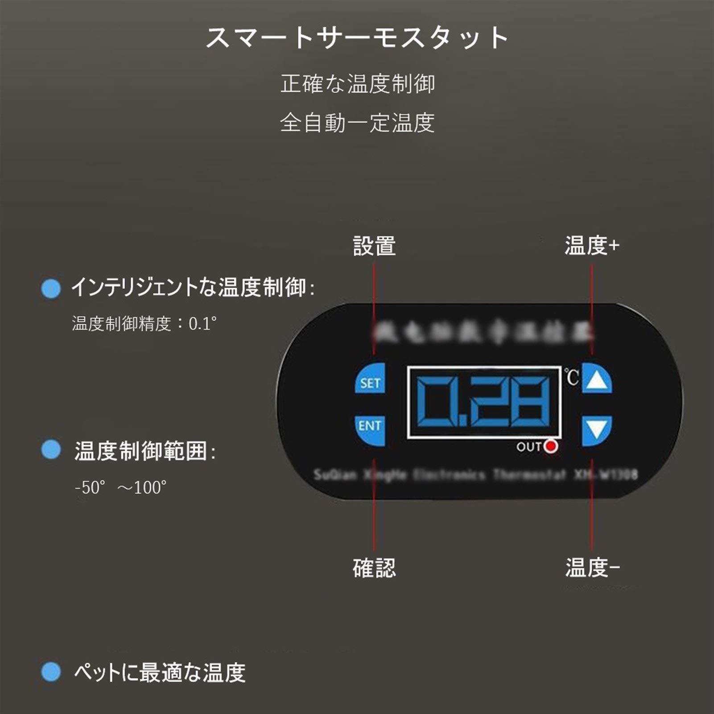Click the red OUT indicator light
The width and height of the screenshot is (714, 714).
(x=551, y=446)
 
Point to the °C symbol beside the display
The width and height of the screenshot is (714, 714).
(x=571, y=377)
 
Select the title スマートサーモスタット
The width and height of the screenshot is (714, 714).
(x=357, y=37)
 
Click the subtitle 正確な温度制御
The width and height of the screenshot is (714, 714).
(x=357, y=84)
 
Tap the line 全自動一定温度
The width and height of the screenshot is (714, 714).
(x=357, y=123)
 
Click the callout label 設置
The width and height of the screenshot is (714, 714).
(x=374, y=246)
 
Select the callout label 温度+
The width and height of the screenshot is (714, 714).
(x=592, y=245)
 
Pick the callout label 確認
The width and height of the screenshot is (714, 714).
(x=374, y=568)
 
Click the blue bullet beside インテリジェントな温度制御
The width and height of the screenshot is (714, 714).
(x=50, y=289)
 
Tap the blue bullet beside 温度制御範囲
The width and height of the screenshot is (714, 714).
(x=50, y=450)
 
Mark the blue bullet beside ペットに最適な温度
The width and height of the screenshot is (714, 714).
(x=50, y=672)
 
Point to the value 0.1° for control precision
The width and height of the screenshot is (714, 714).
(x=202, y=323)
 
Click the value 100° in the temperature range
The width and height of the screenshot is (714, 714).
(x=150, y=487)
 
